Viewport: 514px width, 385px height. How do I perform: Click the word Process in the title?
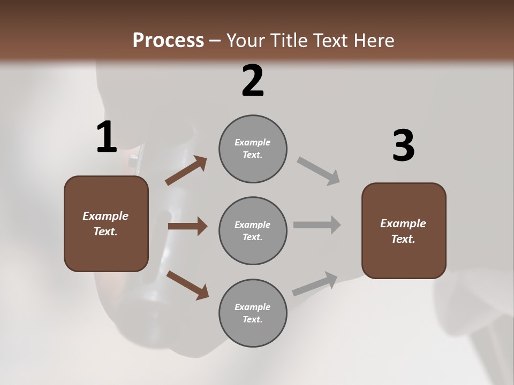click(168, 41)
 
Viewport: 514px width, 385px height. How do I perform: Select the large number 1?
click(107, 137)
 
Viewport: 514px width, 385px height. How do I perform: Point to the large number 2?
click(253, 81)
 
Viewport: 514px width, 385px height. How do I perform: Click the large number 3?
click(403, 145)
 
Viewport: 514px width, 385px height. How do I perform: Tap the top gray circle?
click(253, 149)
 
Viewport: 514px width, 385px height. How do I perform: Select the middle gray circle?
click(253, 231)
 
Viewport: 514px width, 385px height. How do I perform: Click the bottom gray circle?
click(253, 313)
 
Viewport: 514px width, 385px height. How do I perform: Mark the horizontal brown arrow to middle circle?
click(187, 226)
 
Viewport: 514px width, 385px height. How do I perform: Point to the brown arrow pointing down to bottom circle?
click(187, 284)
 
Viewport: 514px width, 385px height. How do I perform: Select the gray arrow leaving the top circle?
click(319, 171)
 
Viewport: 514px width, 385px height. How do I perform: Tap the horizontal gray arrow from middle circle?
click(317, 225)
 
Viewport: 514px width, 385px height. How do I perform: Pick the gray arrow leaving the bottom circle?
click(315, 283)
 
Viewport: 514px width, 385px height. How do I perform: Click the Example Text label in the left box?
click(105, 224)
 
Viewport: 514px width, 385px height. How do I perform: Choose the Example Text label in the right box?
click(403, 231)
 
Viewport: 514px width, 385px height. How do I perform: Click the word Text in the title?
click(331, 41)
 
